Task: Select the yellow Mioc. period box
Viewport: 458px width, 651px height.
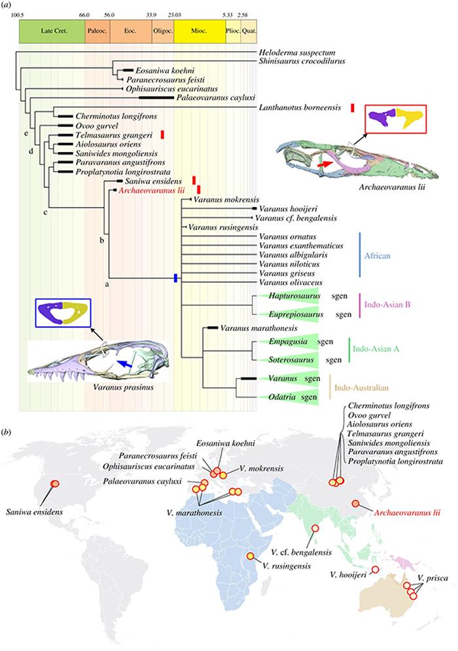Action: pos(200,31)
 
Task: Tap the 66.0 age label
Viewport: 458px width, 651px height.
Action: pos(84,13)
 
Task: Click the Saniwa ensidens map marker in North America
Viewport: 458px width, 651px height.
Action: pos(56,483)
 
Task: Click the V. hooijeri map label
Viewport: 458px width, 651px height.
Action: pos(347,576)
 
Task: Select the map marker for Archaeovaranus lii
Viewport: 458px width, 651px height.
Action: pos(355,503)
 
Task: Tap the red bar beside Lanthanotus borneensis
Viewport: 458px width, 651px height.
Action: pos(352,107)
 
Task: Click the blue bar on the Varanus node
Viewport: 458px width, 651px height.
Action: pos(175,278)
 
